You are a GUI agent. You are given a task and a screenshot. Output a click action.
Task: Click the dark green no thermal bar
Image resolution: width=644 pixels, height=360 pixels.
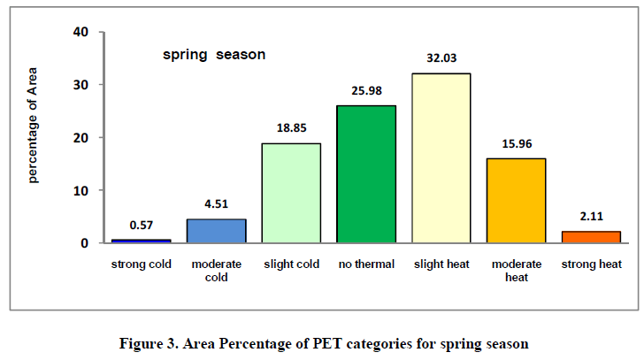pos(366,174)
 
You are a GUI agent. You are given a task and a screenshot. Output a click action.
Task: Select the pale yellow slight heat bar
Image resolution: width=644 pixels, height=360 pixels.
pos(441,158)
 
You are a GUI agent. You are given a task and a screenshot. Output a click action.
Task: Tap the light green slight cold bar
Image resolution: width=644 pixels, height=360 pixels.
pos(291,193)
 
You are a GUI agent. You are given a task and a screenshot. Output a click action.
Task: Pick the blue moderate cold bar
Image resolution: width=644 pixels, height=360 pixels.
pos(216,231)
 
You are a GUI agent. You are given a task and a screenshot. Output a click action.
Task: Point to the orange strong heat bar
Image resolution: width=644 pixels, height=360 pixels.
pos(591,237)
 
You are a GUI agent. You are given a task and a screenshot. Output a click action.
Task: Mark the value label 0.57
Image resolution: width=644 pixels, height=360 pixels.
pos(142,226)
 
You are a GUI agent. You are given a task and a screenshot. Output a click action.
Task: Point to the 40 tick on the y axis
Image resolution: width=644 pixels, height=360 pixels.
pos(83,33)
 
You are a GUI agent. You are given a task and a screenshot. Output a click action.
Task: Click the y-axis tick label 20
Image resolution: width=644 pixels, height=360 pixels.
pos(83,138)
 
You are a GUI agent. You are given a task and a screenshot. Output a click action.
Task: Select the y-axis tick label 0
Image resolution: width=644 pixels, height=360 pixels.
pos(87,243)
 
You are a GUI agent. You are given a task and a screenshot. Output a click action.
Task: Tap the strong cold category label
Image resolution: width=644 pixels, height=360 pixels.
pos(142,264)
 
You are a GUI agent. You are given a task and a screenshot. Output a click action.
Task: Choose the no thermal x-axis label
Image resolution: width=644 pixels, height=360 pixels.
pos(366,264)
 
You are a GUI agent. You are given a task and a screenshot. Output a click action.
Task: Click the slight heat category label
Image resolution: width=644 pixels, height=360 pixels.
pos(441,264)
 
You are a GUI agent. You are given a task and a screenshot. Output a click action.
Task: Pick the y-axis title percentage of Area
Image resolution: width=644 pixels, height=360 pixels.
pos(34,138)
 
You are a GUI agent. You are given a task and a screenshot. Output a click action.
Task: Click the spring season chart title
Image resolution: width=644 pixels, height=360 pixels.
pos(214,55)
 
